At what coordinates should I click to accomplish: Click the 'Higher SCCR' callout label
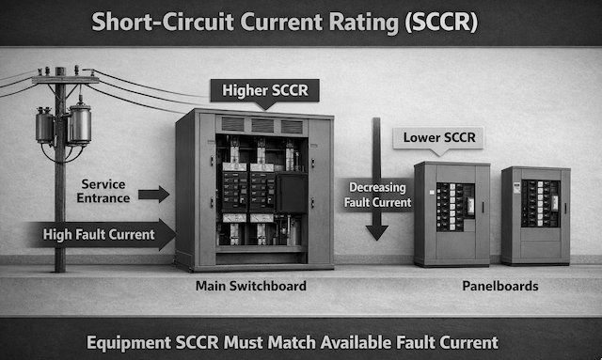pyautogui.click(x=264, y=90)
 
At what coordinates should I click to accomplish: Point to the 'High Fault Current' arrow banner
pyautogui.click(x=102, y=234)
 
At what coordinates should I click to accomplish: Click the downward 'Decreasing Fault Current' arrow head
pyautogui.click(x=377, y=229)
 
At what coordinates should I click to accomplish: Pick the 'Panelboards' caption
pyautogui.click(x=492, y=285)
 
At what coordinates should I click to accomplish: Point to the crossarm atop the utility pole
pyautogui.click(x=64, y=80)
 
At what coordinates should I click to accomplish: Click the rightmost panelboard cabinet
pyautogui.click(x=535, y=215)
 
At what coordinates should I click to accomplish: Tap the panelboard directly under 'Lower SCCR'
pyautogui.click(x=451, y=213)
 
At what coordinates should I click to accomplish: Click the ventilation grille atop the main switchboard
pyautogui.click(x=264, y=125)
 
